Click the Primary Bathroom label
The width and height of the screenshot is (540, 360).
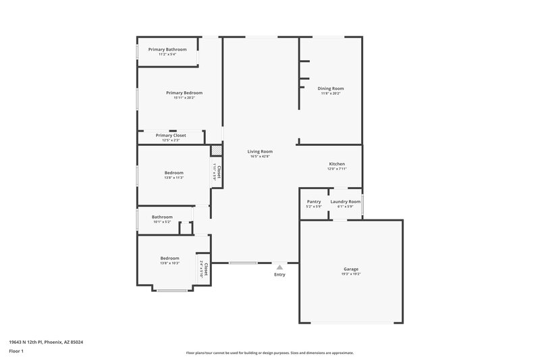pyautogui.click(x=167, y=49)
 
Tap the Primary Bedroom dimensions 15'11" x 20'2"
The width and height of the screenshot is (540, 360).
pyautogui.click(x=184, y=98)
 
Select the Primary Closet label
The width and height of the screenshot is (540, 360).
pyautogui.click(x=171, y=135)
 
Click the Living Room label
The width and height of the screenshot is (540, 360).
pyautogui.click(x=260, y=151)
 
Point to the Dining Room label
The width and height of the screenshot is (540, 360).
pyautogui.click(x=331, y=88)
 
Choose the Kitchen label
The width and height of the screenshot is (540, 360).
pyautogui.click(x=337, y=164)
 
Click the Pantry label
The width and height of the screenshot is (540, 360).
pyautogui.click(x=314, y=201)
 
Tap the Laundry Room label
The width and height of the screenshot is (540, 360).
pyautogui.click(x=345, y=201)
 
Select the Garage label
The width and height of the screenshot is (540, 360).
pyautogui.click(x=351, y=269)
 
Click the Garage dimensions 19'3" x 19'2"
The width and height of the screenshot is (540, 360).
pyautogui.click(x=351, y=274)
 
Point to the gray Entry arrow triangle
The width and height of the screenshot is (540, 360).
pyautogui.click(x=279, y=267)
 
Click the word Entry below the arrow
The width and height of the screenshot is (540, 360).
pyautogui.click(x=279, y=274)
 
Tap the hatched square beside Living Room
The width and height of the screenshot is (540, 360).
pyautogui.click(x=216, y=151)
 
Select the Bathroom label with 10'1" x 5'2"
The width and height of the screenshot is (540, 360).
pyautogui.click(x=162, y=217)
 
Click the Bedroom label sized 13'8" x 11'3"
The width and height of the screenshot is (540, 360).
pyautogui.click(x=173, y=172)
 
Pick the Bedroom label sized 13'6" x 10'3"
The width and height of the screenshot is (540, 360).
pyautogui.click(x=169, y=258)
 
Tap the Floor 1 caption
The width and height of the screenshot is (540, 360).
pyautogui.click(x=16, y=352)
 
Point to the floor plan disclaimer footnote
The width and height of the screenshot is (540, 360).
pyautogui.click(x=269, y=353)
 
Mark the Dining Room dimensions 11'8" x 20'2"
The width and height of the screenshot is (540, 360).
pyautogui.click(x=331, y=93)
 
